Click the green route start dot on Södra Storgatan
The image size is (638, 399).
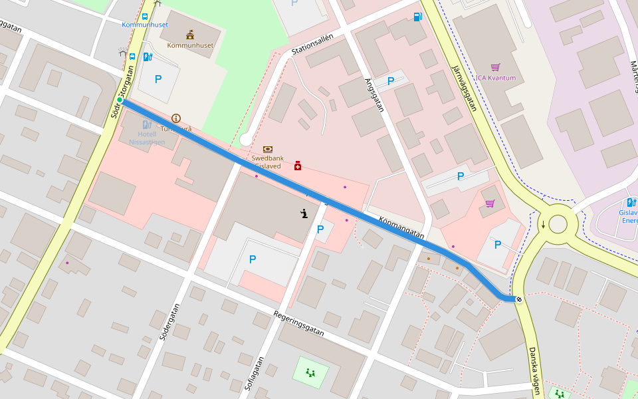pos(120,100)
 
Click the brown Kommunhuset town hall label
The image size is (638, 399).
pos(190,45)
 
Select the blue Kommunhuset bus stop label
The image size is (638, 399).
pos(145,25)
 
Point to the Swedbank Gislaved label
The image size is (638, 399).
pos(266,162)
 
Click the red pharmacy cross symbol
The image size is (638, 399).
pos(298,165)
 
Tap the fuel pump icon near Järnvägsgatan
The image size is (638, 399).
pos(417,17)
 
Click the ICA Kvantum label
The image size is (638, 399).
pos(494,78)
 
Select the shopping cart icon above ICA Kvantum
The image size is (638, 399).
pos(495,67)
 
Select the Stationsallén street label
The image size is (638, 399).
pos(312,45)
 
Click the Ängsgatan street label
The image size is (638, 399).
pos(375,95)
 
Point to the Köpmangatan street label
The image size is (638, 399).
pos(401,227)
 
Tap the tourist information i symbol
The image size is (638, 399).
pos(175,118)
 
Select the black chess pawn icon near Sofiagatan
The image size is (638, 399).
pos(304,213)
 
